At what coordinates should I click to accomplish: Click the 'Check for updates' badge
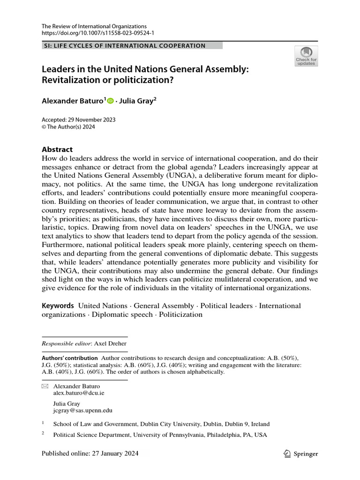pos(306,56)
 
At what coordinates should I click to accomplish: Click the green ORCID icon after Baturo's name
pos(110,100)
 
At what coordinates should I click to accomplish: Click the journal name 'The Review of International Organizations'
pos(94,26)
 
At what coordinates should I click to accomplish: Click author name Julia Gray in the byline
pos(138,100)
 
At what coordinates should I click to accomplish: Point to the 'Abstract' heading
pos(57,150)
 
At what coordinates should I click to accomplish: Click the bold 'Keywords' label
pos(58,306)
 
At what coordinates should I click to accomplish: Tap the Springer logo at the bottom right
pos(301,453)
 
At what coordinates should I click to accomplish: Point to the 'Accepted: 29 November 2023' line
pos(79,120)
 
